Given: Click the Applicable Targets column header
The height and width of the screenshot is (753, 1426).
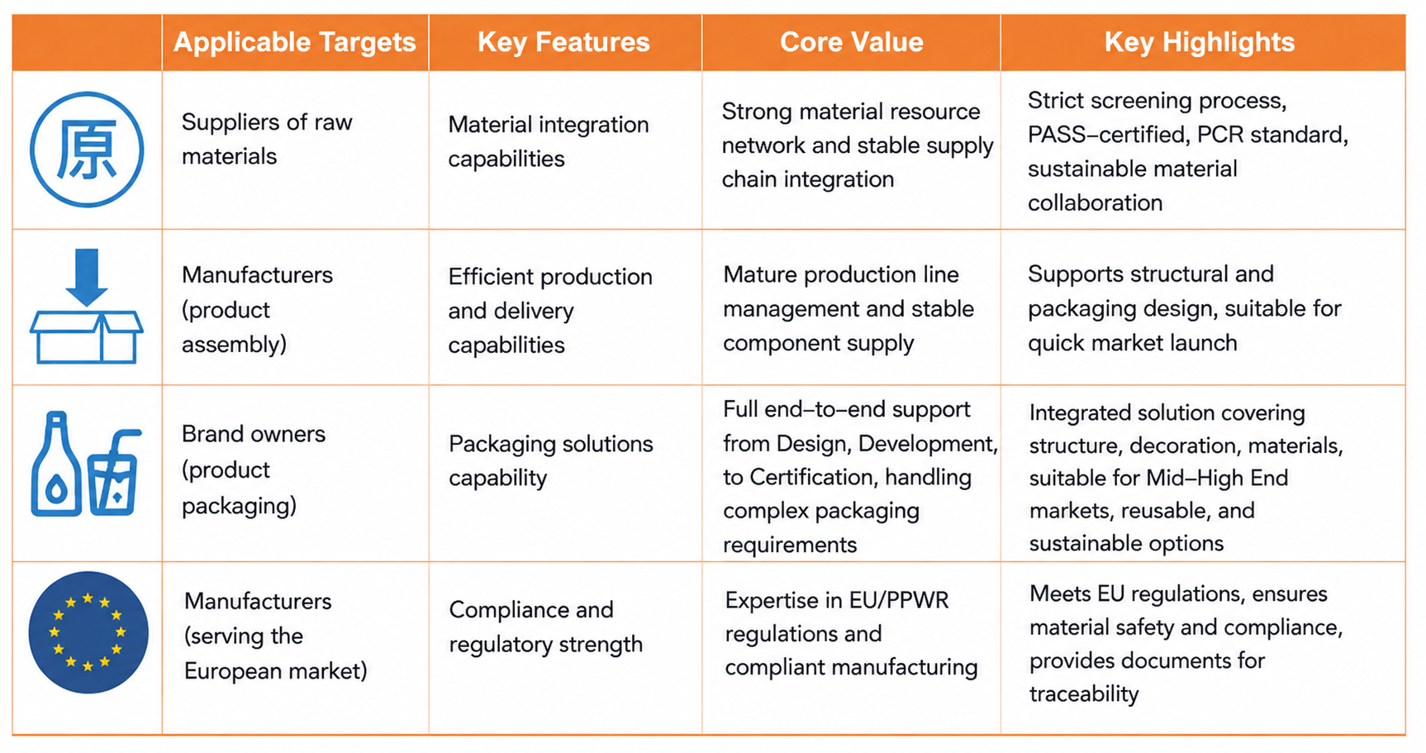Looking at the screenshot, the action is pos(294,42).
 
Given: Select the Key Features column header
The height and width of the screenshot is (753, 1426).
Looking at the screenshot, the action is pos(563,42).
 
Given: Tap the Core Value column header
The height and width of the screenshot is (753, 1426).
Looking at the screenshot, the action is pos(851,42).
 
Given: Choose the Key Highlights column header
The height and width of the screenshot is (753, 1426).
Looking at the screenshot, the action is pos(1200,42).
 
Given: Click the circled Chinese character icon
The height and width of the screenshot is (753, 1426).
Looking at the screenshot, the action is pos(87,150).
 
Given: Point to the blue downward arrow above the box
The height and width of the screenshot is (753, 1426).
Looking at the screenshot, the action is pos(87,277).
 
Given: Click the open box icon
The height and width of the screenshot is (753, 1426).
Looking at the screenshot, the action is pos(87,336).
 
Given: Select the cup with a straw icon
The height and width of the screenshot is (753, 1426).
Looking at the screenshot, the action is pos(114,473).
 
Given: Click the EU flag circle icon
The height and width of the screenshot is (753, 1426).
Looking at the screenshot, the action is pos(88,632).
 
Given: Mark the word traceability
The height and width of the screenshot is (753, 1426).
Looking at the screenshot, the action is pos(1084,693).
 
